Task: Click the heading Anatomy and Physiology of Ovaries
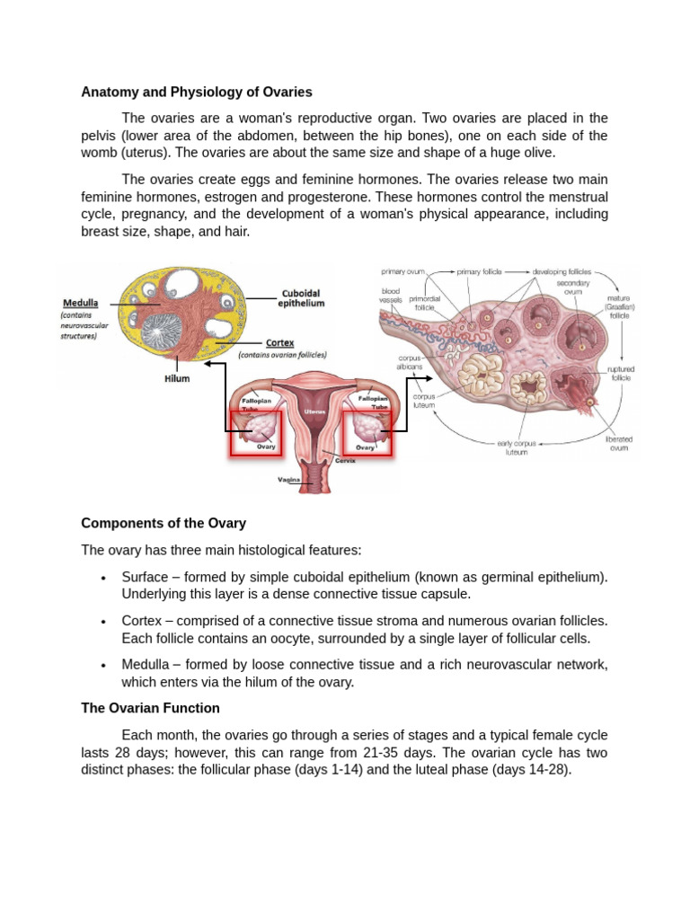coord(197,92)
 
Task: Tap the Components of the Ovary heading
coord(164,523)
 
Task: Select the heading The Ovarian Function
coord(150,708)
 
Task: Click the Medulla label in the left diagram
coord(81,303)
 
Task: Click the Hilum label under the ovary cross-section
coord(177,378)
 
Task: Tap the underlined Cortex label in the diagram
coord(279,342)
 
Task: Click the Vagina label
coord(288,480)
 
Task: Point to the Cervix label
coord(345,460)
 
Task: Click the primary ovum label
coord(402,270)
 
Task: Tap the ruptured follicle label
coord(620,373)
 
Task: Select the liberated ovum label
coord(619,444)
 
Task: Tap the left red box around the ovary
coord(255,433)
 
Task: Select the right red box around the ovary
coord(367,433)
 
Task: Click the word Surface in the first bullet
coord(145,577)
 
